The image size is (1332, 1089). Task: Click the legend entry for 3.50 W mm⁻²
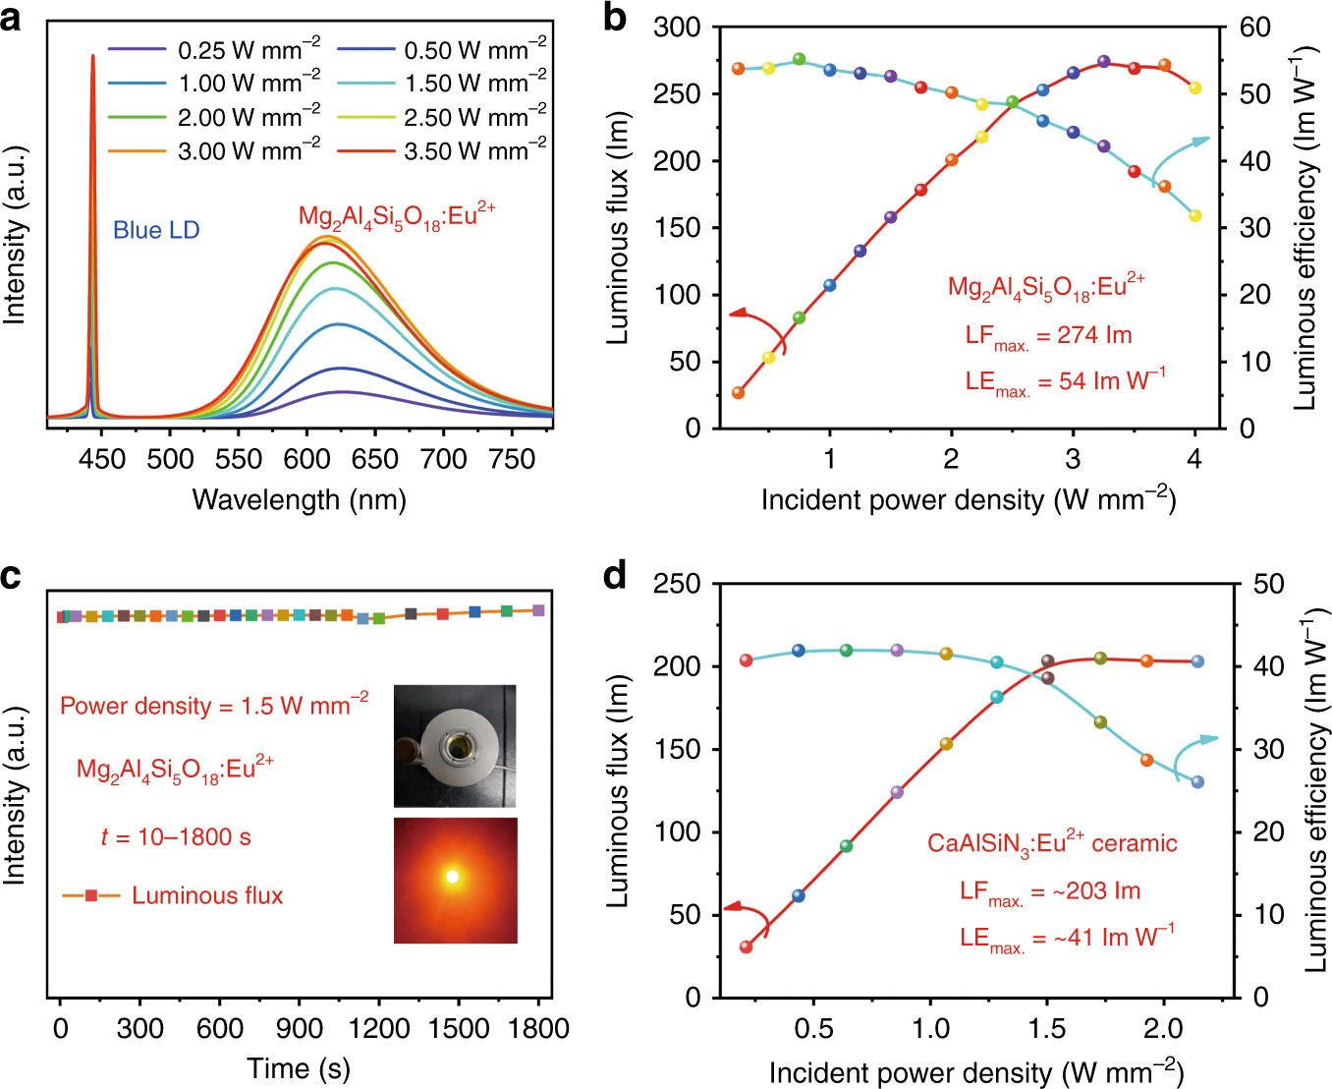point(442,151)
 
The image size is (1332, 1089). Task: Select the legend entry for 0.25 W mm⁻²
point(214,49)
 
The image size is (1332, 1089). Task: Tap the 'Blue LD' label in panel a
point(156,230)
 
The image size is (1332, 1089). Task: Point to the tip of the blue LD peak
point(92,56)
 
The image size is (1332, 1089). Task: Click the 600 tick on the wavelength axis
point(306,459)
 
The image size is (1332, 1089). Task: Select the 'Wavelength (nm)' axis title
point(299,500)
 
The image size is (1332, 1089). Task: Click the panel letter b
point(615,17)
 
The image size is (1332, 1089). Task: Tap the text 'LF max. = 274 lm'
point(1048,336)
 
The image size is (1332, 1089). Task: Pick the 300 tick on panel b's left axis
point(677,28)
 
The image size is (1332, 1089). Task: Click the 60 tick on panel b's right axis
point(1254,28)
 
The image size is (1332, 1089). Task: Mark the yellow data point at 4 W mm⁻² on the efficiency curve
point(1194,215)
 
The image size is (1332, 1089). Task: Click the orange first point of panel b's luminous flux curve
point(739,392)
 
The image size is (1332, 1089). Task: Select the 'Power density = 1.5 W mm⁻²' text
point(214,706)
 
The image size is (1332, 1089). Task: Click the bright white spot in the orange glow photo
point(453,877)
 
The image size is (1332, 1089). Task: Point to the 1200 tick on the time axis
point(379,1028)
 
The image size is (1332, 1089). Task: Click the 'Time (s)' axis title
point(299,1068)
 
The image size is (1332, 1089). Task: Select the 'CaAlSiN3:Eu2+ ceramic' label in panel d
point(1051,843)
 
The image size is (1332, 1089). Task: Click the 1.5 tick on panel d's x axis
point(1047,1029)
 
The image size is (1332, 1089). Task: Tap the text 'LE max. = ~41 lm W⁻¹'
point(1067,938)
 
